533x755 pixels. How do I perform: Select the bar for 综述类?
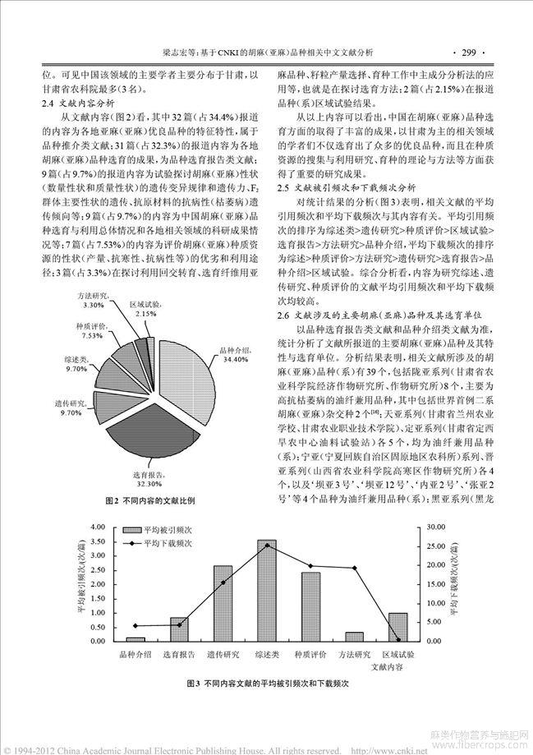pos(267,602)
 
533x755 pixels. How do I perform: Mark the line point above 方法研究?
pos(355,569)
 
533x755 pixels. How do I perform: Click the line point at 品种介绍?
pos(136,626)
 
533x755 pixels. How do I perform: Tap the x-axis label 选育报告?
pos(179,654)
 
